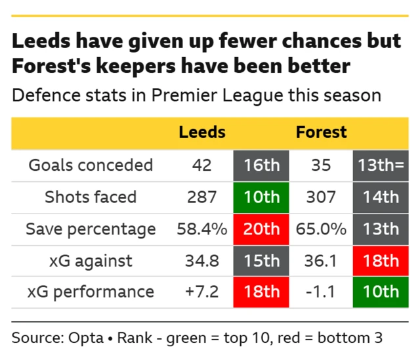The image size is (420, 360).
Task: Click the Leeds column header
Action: point(202,133)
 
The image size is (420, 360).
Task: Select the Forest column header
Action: point(321,133)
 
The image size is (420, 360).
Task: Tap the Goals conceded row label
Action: point(91,165)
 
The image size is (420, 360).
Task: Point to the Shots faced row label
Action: point(91,196)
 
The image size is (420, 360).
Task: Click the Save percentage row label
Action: point(91,229)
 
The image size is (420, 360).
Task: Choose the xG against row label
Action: point(91,260)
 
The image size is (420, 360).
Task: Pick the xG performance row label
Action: point(91,292)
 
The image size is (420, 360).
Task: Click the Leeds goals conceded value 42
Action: point(202,165)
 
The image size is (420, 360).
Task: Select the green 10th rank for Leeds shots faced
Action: point(261,196)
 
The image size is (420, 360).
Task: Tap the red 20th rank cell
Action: point(261,229)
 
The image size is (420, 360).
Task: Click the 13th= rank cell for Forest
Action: point(381,165)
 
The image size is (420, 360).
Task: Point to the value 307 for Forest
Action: point(321,196)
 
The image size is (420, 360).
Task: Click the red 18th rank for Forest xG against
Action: point(381,260)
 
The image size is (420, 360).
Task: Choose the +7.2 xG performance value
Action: point(202,292)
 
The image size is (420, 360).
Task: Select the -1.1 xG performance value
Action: point(321,292)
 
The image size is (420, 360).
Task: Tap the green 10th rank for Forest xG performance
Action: point(381,292)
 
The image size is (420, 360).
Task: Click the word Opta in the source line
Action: point(86,338)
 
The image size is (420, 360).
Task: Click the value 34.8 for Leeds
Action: point(202,260)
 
